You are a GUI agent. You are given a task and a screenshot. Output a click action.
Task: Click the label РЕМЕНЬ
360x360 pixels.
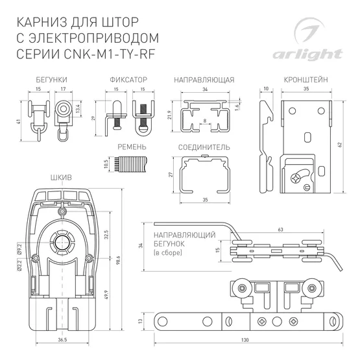[132, 148]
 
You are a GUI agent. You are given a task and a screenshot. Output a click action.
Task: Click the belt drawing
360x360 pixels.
[126, 165]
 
